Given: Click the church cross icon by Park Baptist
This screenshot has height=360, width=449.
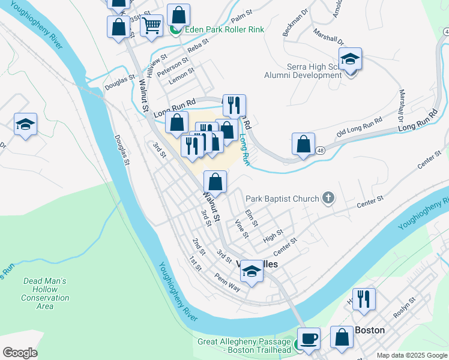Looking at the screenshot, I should [328, 197].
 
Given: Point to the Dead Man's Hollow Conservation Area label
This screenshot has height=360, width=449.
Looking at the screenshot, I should [45, 293].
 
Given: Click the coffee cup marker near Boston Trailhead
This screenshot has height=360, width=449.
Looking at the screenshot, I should [310, 338].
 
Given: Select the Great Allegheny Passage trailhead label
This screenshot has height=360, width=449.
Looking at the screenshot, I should [245, 346].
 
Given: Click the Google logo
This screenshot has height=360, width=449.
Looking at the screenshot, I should [20, 353].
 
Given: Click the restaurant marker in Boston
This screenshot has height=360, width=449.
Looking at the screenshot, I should [364, 298].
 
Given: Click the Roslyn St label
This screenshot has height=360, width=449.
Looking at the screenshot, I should [403, 307].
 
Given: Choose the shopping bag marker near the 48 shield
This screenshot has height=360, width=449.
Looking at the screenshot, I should [304, 144].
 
